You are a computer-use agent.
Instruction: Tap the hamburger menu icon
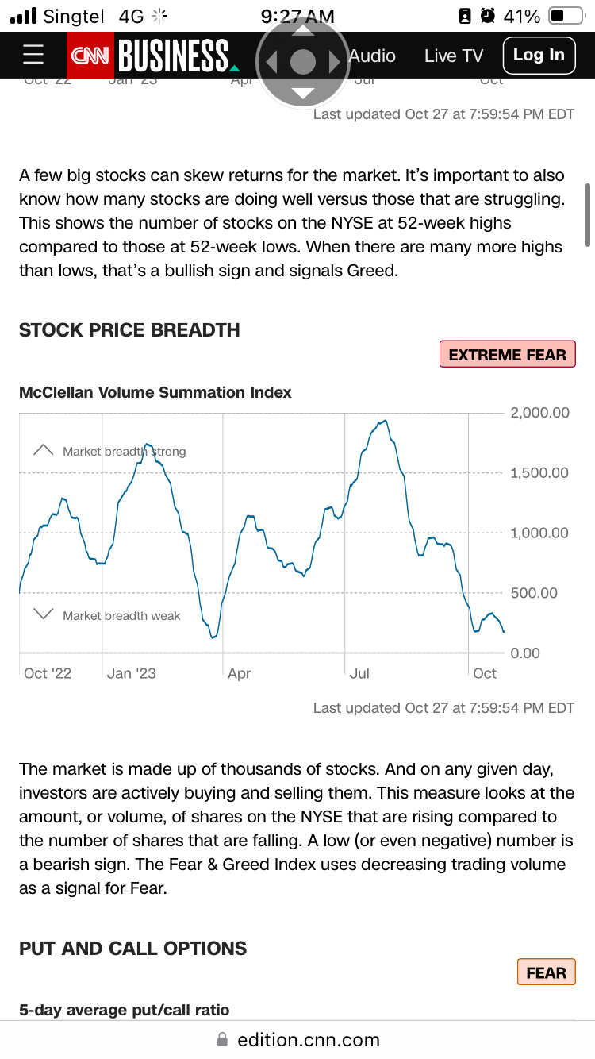click(x=33, y=55)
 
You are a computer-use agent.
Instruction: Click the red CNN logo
click(x=90, y=56)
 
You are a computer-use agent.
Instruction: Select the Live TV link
click(x=453, y=56)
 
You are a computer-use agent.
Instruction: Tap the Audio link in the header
click(x=372, y=56)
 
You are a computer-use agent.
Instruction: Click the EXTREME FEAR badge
click(x=507, y=354)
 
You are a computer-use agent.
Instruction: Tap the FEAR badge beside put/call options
click(x=546, y=972)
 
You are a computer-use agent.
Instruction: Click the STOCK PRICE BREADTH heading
click(x=129, y=330)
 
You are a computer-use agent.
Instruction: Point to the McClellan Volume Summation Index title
click(x=155, y=392)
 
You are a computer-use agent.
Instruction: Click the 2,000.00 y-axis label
click(x=539, y=413)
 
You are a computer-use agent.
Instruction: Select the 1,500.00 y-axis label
click(x=539, y=473)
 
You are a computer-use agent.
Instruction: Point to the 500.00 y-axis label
click(x=534, y=593)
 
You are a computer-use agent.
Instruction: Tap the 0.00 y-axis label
click(x=525, y=653)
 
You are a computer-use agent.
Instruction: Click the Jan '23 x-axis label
click(x=131, y=673)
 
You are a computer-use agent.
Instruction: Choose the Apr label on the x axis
click(x=239, y=673)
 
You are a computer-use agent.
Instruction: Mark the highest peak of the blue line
click(x=386, y=420)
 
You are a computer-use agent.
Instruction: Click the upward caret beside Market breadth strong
click(x=43, y=449)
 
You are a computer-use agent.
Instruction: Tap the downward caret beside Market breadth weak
click(x=43, y=614)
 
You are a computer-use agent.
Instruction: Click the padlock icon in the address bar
click(x=222, y=1040)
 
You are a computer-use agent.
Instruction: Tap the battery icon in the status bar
click(x=566, y=16)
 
